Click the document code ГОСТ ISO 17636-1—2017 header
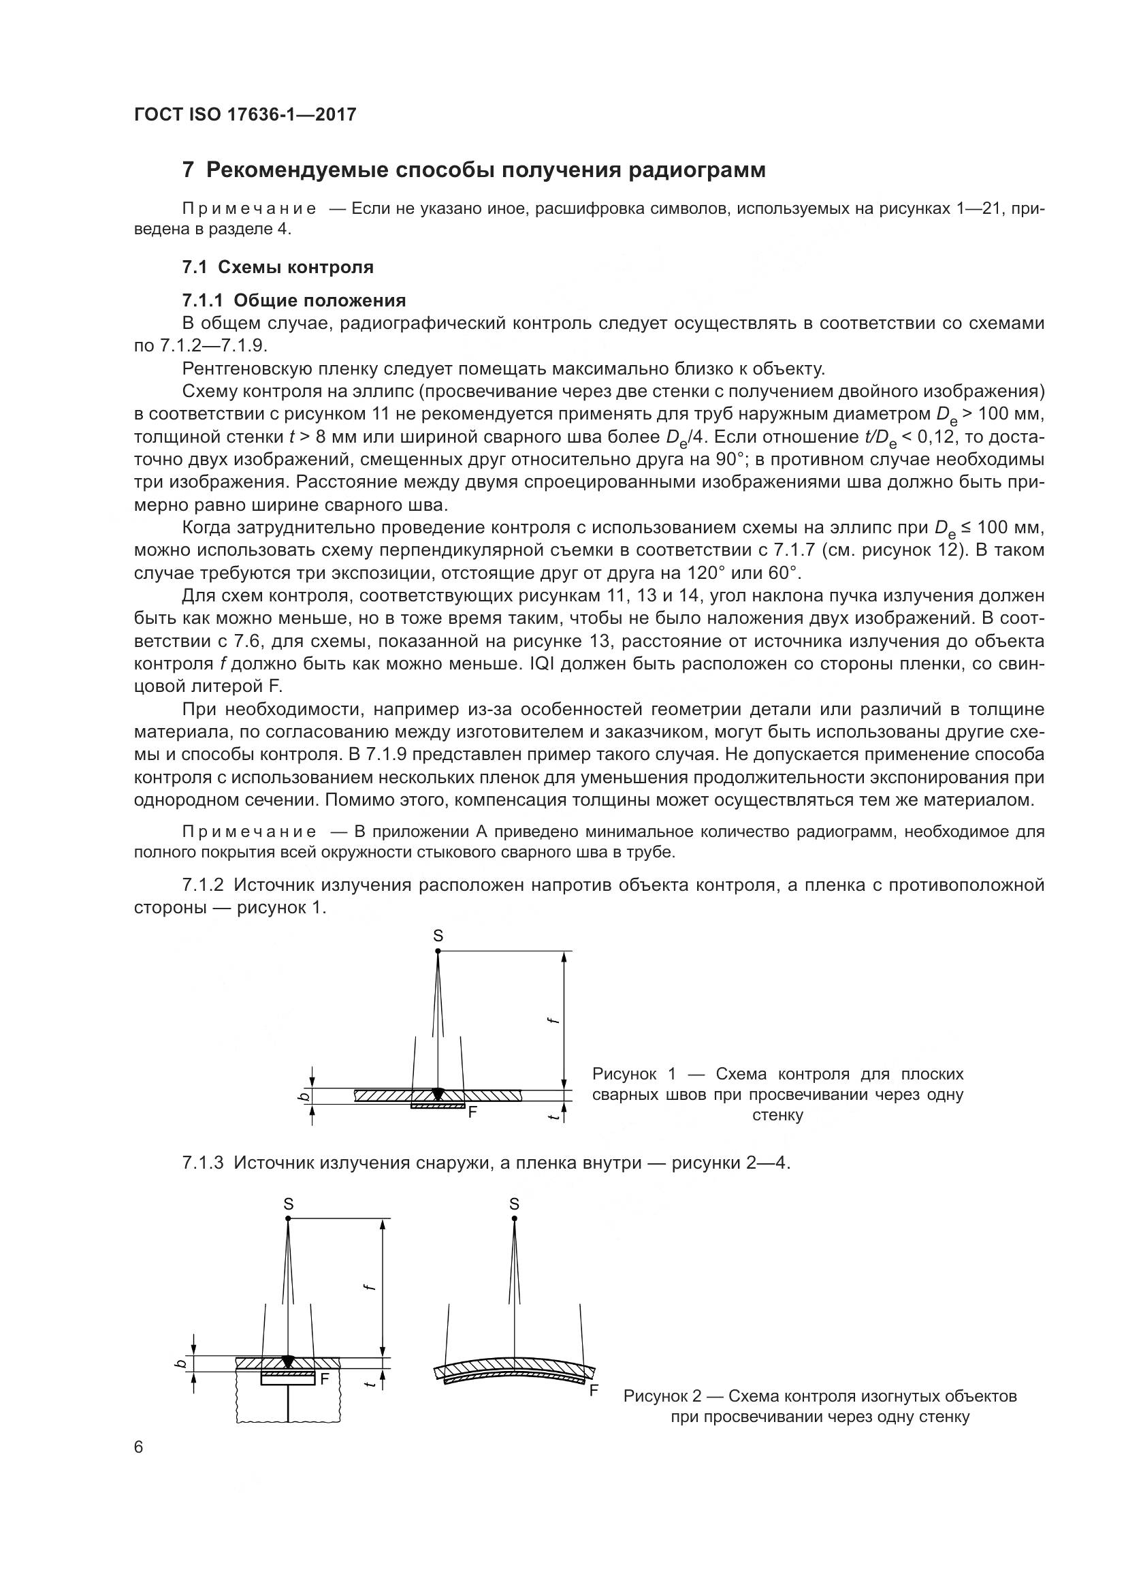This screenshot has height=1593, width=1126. click(245, 114)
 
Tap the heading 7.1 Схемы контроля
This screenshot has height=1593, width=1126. click(277, 267)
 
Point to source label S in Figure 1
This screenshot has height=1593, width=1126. click(438, 936)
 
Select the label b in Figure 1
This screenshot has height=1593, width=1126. click(300, 1097)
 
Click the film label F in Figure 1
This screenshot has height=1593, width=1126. click(473, 1111)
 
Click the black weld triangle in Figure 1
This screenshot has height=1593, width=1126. click(437, 1094)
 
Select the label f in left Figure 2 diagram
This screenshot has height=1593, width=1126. click(370, 1287)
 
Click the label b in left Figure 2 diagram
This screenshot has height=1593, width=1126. click(181, 1364)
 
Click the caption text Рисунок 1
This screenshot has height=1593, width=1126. click(624, 1075)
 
